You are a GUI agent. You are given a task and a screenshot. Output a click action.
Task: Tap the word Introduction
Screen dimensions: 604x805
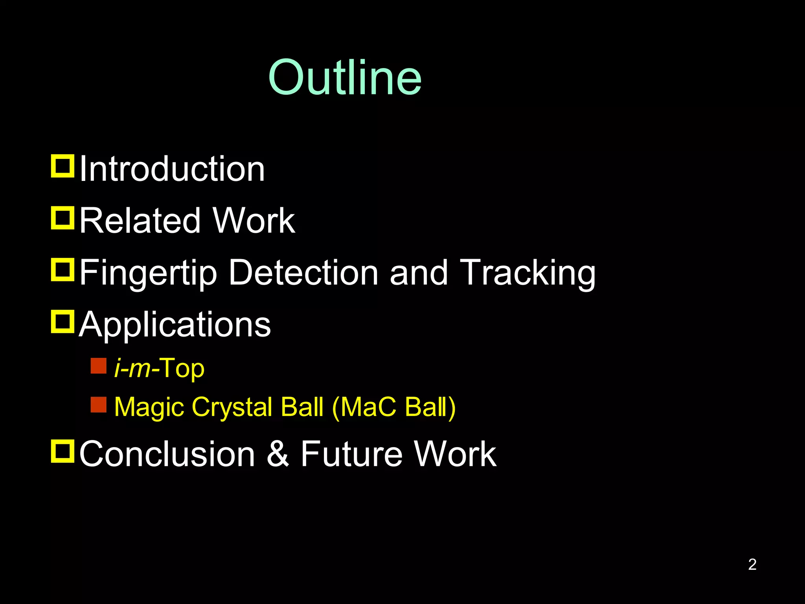pyautogui.click(x=172, y=169)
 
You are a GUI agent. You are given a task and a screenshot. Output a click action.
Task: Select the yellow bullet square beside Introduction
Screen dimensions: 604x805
pyautogui.click(x=62, y=166)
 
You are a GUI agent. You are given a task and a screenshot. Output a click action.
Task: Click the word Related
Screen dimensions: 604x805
pyautogui.click(x=140, y=221)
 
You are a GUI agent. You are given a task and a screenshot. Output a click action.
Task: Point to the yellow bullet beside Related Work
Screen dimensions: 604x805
pyautogui.click(x=62, y=217)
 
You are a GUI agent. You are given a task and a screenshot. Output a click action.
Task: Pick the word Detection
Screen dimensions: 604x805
pyautogui.click(x=303, y=273)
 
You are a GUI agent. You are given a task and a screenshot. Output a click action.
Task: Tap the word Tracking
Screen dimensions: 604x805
pyautogui.click(x=527, y=273)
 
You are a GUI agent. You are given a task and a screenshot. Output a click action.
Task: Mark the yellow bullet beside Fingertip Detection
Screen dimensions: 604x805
pyautogui.click(x=62, y=269)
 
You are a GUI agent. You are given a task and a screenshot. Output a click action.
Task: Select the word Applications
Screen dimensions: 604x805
pyautogui.click(x=175, y=324)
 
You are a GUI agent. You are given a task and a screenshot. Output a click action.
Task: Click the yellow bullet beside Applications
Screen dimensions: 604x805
pyautogui.click(x=62, y=322)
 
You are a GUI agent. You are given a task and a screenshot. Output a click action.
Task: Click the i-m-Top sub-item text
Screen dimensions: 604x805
pyautogui.click(x=159, y=368)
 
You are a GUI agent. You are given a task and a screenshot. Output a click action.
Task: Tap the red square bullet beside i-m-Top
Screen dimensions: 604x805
pyautogui.click(x=98, y=366)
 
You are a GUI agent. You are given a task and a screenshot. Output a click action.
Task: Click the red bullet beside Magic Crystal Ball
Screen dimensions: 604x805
pyautogui.click(x=98, y=404)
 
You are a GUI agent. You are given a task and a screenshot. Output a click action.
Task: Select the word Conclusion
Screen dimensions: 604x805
pyautogui.click(x=167, y=454)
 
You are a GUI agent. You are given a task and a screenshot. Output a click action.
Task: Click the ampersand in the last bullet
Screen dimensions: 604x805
pyautogui.click(x=278, y=454)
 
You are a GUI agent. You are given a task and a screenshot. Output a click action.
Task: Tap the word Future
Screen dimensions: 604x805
pyautogui.click(x=351, y=454)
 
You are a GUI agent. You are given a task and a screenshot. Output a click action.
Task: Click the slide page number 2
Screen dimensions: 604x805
pyautogui.click(x=752, y=564)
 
